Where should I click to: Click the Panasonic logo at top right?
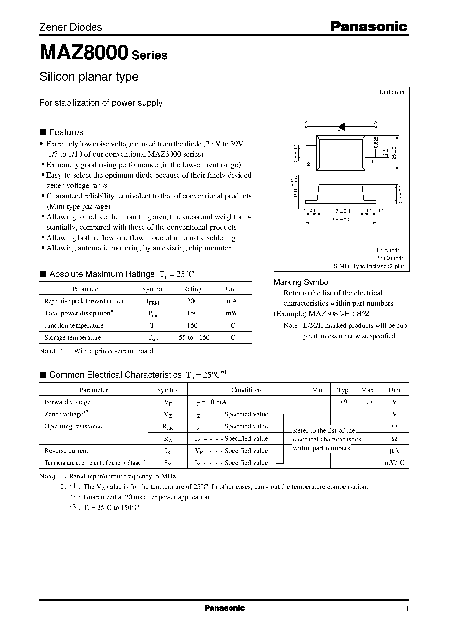point(369,27)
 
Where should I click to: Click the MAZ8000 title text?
point(84,53)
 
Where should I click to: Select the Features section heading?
point(66,132)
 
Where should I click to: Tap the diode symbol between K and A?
point(341,127)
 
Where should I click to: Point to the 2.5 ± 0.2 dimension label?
point(341,220)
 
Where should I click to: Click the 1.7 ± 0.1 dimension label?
point(341,211)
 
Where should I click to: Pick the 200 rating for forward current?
point(192,301)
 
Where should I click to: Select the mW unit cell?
point(232,313)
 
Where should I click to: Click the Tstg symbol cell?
point(153,338)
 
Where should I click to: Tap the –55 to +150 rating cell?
point(192,337)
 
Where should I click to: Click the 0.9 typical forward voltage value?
point(343,402)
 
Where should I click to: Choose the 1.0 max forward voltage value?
point(367,402)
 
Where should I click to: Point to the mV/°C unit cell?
point(394,463)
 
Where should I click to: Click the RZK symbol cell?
point(168,426)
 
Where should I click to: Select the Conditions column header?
point(246,390)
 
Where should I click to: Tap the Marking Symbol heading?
point(302,282)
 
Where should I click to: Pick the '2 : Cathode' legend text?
point(390,258)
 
